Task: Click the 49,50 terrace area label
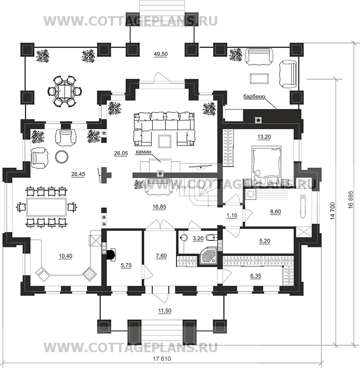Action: point(161,54)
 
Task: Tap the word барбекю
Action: point(254,97)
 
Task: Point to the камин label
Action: point(143,152)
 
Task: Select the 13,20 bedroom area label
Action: point(264,137)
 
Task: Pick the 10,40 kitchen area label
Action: point(66,256)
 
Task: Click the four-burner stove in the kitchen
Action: point(89,274)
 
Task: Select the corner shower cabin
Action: point(208,257)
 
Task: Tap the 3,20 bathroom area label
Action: point(198,238)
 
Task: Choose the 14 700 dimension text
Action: point(332,211)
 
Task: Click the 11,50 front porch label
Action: point(165,311)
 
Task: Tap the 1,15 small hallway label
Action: point(232,215)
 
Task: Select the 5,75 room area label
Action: point(126,266)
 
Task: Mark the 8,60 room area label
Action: point(275,211)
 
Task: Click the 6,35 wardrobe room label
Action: point(255,276)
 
